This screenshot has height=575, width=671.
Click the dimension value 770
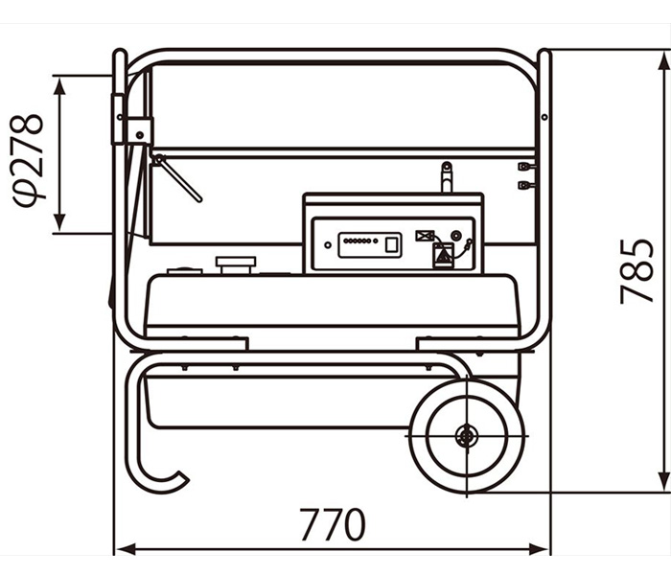[333, 524]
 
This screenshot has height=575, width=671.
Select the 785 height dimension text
[637, 271]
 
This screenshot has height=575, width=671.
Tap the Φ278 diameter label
[28, 160]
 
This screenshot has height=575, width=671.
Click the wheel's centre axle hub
[465, 436]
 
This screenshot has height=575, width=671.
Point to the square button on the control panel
[392, 244]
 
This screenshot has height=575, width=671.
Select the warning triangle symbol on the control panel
[443, 257]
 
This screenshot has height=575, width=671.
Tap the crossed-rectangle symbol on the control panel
[425, 236]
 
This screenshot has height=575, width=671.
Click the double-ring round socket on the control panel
[456, 236]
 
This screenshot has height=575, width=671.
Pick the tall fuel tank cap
[236, 265]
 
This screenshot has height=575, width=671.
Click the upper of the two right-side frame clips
[526, 166]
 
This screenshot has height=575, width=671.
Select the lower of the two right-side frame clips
[526, 185]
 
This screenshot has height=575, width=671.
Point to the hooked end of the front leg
[180, 479]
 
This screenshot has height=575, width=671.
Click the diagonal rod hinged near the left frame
[177, 177]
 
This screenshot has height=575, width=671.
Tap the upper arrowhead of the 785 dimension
[663, 63]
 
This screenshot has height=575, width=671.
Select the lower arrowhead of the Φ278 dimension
[60, 222]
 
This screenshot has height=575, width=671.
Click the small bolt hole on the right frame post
[544, 117]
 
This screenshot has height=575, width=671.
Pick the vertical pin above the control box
[447, 177]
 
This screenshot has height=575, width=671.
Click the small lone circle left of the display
[328, 245]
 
